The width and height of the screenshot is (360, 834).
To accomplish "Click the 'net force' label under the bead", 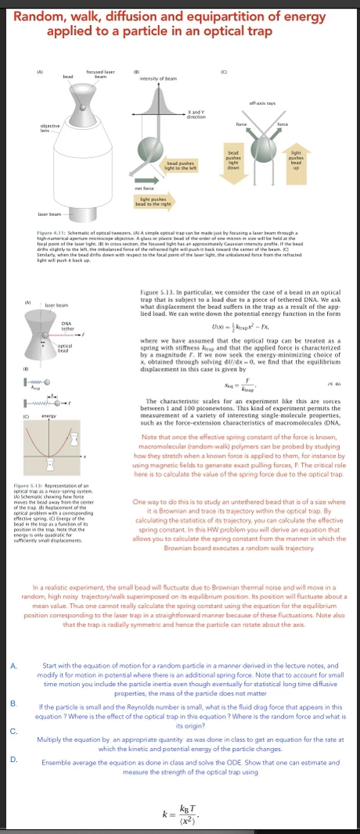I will click(143, 188).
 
